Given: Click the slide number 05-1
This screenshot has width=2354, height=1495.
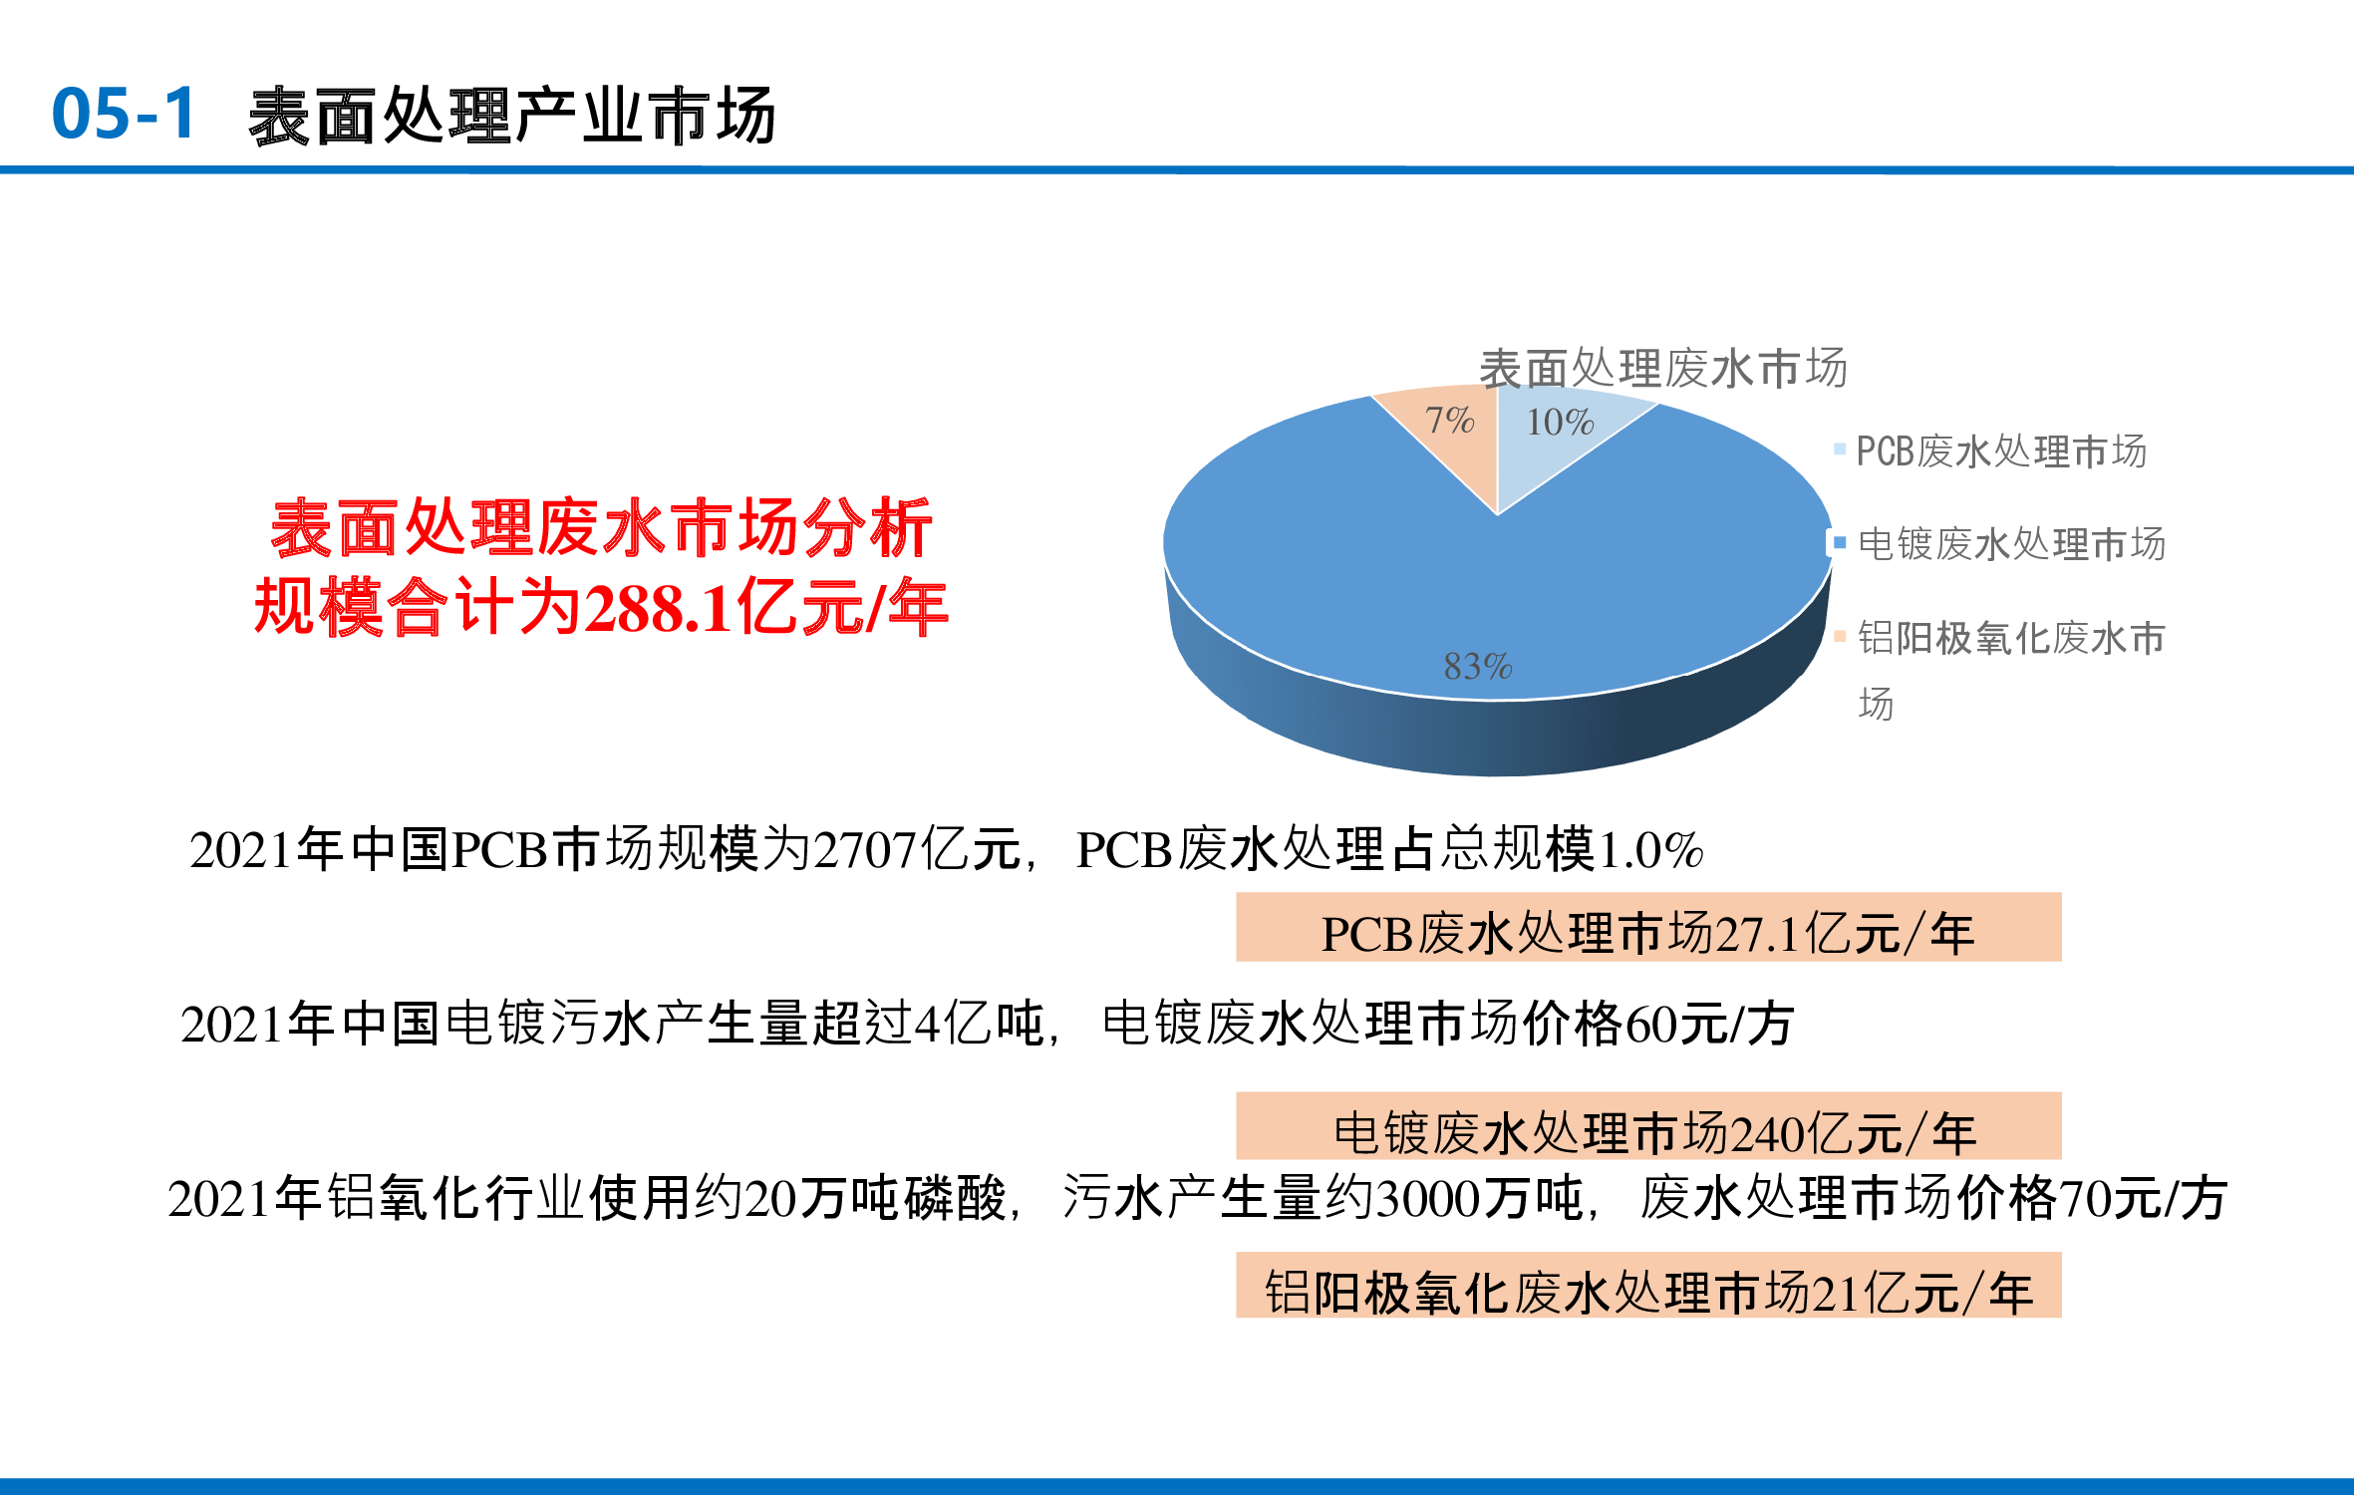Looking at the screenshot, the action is click(124, 113).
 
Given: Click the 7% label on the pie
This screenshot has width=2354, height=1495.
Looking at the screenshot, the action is click(1449, 420).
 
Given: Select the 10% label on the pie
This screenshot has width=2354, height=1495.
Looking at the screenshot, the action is click(1560, 422).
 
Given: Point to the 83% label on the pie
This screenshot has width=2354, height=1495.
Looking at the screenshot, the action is click(1478, 666).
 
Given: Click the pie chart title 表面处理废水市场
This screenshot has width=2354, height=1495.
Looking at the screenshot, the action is click(1662, 368).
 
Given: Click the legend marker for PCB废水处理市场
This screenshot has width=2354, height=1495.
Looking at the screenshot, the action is click(1840, 449).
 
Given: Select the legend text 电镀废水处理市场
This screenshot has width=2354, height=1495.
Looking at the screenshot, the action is click(2011, 544).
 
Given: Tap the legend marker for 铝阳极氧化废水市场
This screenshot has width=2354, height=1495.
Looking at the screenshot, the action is click(1840, 636).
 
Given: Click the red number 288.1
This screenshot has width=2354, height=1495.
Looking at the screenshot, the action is click(658, 608).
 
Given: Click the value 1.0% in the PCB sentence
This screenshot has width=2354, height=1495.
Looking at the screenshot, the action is click(1649, 850).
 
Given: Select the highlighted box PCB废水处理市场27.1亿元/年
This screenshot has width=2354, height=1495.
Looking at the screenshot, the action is click(1648, 927).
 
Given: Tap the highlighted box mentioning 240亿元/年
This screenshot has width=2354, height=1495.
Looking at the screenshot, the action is click(1648, 1126).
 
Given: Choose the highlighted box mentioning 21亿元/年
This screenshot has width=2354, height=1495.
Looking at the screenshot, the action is click(1648, 1285).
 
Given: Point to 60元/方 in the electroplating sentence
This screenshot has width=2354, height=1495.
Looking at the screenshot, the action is click(1710, 1025).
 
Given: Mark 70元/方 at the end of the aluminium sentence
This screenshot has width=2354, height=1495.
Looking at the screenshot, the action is click(2143, 1199).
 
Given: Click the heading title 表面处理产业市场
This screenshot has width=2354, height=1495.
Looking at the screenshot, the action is click(512, 116).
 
